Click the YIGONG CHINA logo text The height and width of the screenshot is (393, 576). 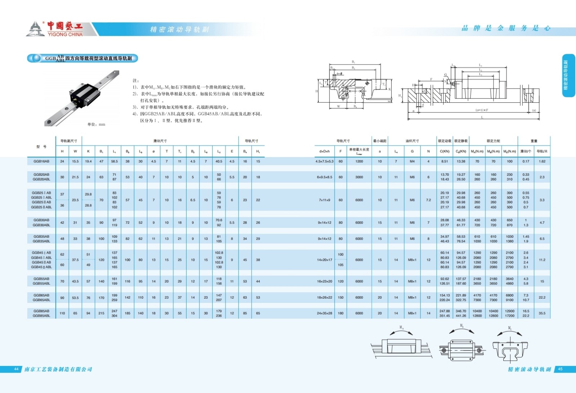pos(65,34)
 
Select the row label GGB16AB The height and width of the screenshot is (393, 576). pos(41,161)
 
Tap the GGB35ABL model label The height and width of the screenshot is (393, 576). pos(41,241)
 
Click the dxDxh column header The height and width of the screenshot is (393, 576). pos(324,151)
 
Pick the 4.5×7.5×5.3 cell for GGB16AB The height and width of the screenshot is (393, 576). pos(324,161)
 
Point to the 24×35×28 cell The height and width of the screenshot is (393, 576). pos(324,313)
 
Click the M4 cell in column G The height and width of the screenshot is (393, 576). pos(412,161)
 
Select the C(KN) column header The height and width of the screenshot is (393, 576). pos(445,151)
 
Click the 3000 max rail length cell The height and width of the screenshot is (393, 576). pos(359,177)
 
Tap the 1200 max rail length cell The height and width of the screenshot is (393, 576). pos(359,161)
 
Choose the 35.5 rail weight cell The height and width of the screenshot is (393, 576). pos(542,313)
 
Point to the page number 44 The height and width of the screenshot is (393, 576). pos(16,369)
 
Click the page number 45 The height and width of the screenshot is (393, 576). pos(560,369)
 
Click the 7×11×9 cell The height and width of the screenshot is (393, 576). pos(324,200)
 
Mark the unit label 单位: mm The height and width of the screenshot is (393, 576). pos(96,124)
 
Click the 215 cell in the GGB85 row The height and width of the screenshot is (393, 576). pos(102,313)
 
